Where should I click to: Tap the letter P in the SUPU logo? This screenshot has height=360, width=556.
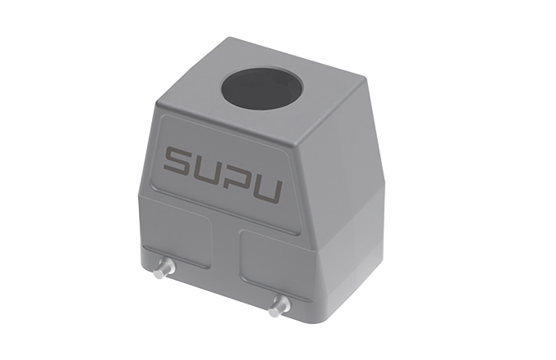tap(238, 178)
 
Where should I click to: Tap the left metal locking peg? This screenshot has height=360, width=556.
tap(164, 268)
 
